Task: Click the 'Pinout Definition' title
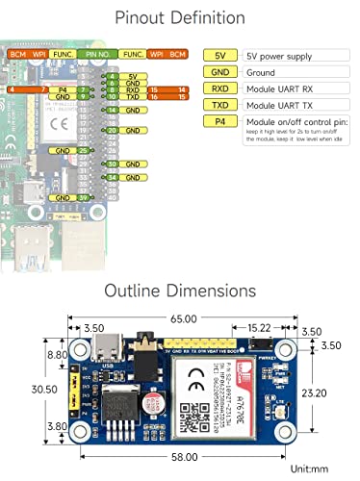[x=180, y=17]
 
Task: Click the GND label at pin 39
[x=64, y=197]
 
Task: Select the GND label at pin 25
[x=64, y=151]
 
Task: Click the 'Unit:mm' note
[x=314, y=469]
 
